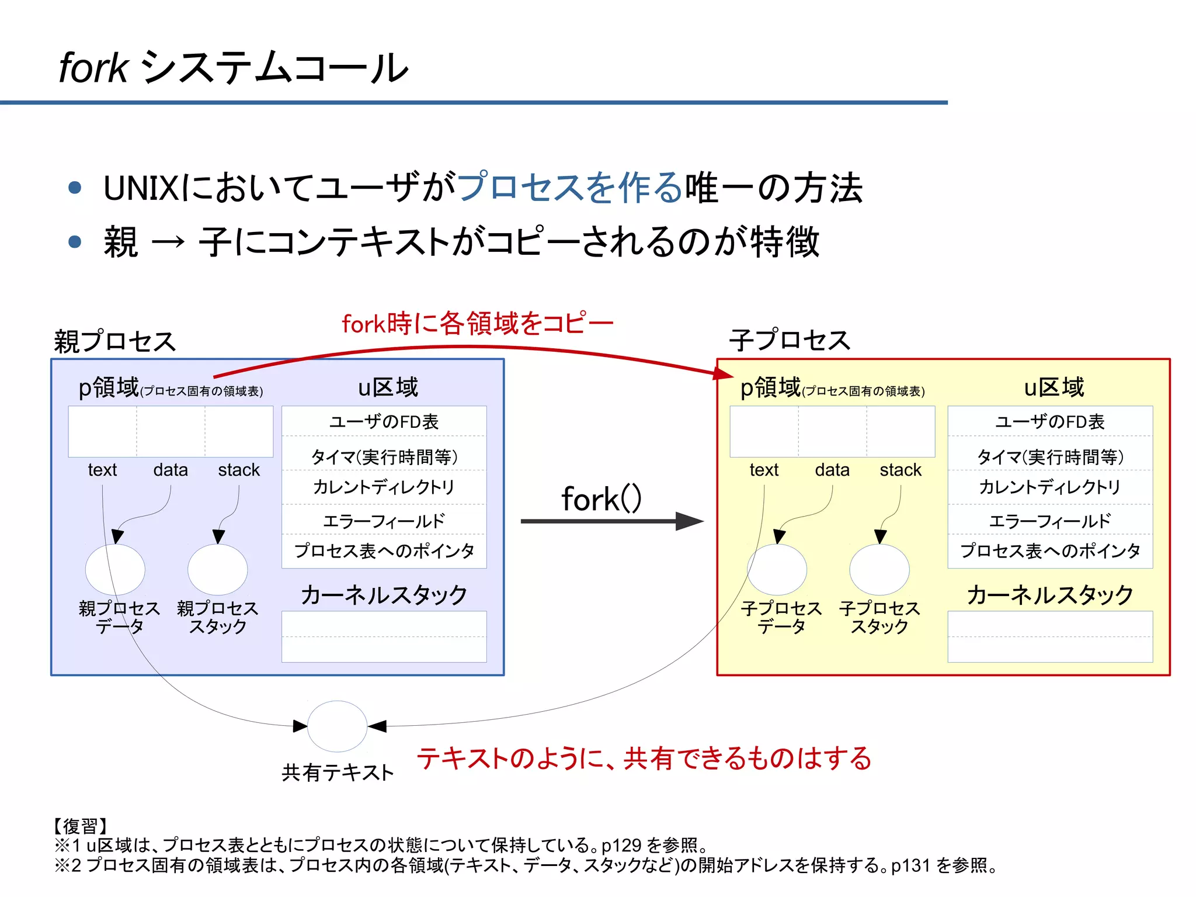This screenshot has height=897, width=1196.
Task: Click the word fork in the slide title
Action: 93,68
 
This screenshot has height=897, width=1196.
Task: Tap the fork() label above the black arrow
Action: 601,498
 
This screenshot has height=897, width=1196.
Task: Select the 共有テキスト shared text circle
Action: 337,726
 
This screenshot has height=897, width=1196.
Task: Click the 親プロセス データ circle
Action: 115,569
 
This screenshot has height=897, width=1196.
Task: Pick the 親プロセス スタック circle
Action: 217,569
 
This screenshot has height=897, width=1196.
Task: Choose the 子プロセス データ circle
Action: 777,569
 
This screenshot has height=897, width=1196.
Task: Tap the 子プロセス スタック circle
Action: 879,569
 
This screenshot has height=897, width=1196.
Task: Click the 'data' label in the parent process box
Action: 171,470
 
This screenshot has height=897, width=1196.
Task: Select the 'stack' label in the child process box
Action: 900,470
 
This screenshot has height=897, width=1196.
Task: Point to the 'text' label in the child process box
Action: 764,470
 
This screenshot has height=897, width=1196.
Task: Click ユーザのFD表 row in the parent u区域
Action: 384,421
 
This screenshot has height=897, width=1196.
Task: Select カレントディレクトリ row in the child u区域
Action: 1049,487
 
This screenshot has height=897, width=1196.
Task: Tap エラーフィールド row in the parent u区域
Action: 384,520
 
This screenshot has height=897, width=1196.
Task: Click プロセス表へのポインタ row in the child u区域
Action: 1049,550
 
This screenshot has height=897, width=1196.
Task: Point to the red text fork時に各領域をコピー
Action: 477,323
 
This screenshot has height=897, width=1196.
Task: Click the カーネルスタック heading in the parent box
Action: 384,595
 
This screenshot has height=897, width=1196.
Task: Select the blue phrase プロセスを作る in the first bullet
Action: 570,188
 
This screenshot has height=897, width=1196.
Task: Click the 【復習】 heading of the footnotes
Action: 81,826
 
